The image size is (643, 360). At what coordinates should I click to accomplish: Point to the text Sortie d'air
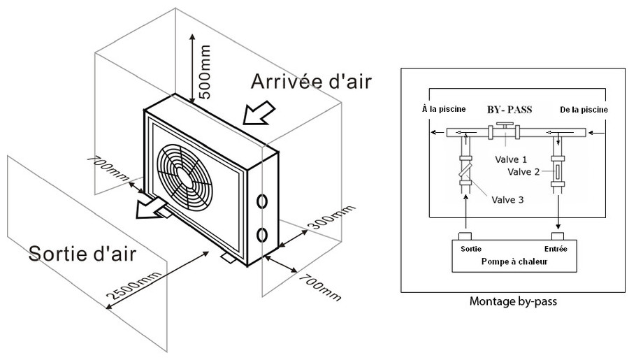[82, 253]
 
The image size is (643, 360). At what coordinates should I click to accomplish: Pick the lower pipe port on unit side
[263, 233]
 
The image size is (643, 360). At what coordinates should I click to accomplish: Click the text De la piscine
[584, 110]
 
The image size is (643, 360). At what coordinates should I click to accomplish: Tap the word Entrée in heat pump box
[559, 248]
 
